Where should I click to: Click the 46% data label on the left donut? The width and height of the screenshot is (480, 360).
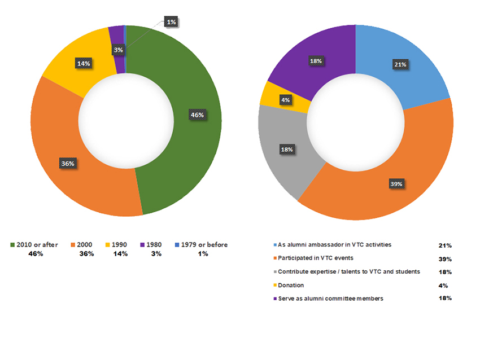(197, 115)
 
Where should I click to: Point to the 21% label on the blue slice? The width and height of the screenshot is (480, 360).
(400, 64)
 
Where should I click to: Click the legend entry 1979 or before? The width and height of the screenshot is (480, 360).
(203, 245)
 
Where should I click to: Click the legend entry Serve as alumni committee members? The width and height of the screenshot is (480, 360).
(331, 298)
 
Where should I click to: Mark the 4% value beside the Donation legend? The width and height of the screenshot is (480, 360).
(443, 286)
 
